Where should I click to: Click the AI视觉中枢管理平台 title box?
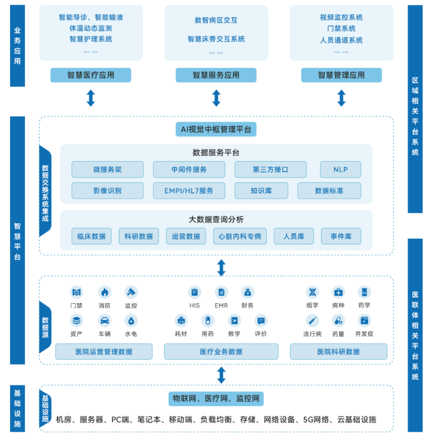[x=216, y=129]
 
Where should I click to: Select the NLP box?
[x=340, y=170]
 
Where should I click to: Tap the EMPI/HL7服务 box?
[x=189, y=190]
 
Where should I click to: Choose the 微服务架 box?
[x=107, y=170]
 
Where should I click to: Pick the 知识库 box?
[x=261, y=190]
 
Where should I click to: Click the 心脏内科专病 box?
[x=240, y=236]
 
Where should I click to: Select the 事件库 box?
[x=341, y=236]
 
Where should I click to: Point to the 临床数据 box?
[x=91, y=236]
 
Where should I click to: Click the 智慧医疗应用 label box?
[x=91, y=75]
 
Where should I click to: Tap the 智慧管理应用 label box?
[x=341, y=75]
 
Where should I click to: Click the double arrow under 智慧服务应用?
[x=216, y=98]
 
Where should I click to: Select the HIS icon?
[x=194, y=292]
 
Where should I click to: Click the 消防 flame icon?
[x=105, y=292]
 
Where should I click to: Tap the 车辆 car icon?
[x=105, y=320]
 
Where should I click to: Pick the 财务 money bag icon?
[x=247, y=292]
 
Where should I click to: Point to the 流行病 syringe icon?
[x=312, y=320]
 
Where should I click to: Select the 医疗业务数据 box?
[x=221, y=352]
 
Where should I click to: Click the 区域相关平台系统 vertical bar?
[x=415, y=109]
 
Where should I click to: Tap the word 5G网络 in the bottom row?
[x=316, y=420]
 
